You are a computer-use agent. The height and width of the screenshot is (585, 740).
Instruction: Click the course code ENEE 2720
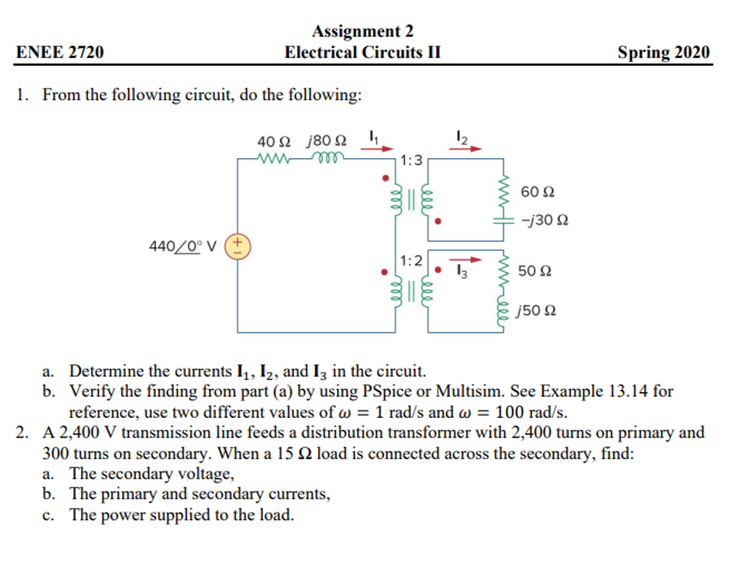tap(60, 52)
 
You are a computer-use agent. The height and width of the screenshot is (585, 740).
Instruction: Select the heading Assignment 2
tap(362, 31)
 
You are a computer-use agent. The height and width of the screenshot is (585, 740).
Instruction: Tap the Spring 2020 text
tap(663, 52)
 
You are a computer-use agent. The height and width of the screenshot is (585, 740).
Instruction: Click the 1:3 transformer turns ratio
tap(411, 161)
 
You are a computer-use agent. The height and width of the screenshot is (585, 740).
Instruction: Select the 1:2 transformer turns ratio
tap(411, 261)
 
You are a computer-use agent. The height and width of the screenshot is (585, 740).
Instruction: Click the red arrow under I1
tap(372, 149)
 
